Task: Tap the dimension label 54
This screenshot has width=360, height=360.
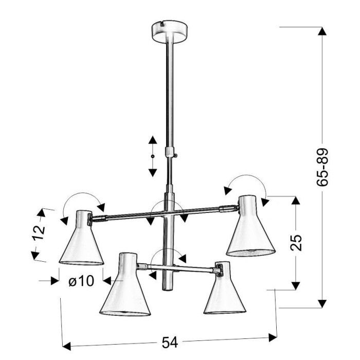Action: point(170,343)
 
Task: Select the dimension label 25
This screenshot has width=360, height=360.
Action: point(296,242)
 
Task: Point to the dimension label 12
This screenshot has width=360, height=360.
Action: point(39,232)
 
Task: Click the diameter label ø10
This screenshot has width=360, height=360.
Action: point(81,281)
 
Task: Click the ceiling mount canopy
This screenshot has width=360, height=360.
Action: point(170,31)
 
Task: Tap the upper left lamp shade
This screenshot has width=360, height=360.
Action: point(81,238)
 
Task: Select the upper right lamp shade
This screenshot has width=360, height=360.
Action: point(251,226)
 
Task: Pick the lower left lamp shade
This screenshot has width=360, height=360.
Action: point(125,284)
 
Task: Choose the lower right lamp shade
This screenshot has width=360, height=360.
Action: point(225,289)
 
